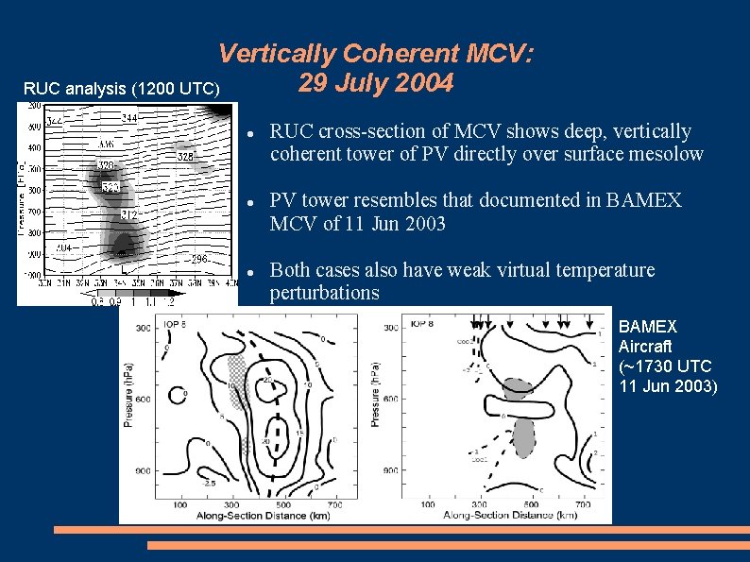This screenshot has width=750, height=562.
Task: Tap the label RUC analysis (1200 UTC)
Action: [122, 89]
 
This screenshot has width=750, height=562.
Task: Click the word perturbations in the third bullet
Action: [324, 293]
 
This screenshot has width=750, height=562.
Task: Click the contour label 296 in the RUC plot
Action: [199, 259]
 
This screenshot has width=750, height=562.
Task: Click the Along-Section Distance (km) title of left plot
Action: [251, 517]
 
